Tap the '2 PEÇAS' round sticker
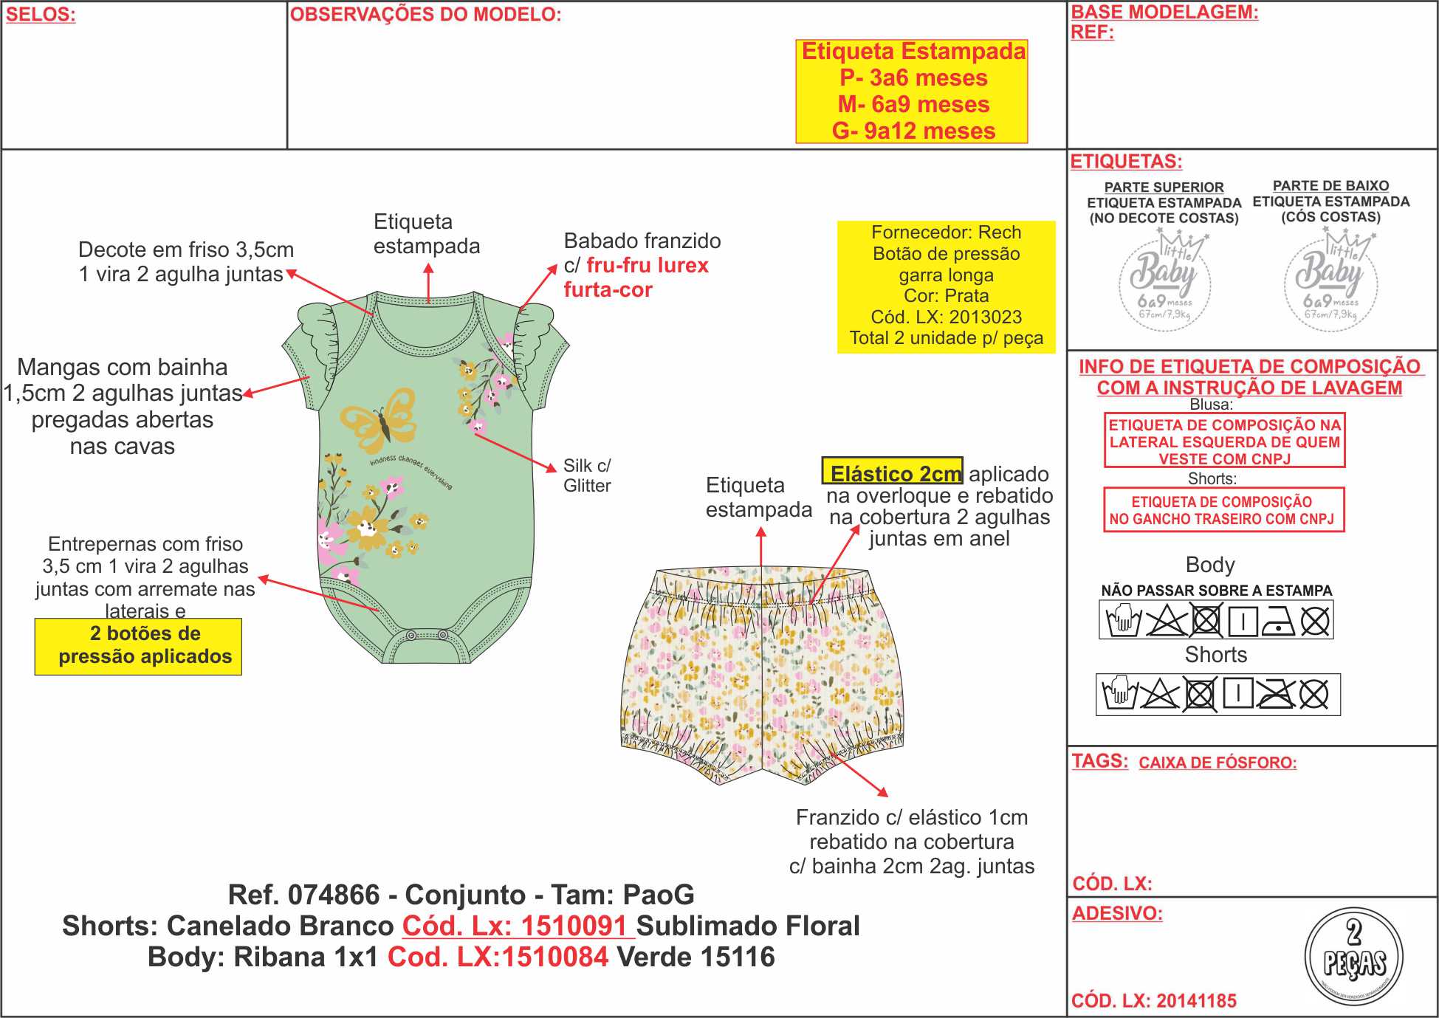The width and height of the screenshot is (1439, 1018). [x=1353, y=955]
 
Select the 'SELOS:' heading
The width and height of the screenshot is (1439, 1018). [x=41, y=15]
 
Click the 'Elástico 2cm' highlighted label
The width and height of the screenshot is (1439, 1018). [x=893, y=472]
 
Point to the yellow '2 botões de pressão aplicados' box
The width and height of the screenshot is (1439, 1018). [x=138, y=646]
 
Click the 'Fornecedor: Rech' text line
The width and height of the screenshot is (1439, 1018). [x=946, y=233]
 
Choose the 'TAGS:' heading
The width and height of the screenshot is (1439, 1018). [x=1099, y=761]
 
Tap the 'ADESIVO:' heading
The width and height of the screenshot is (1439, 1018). [x=1117, y=913]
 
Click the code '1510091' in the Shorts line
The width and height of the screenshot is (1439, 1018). [x=574, y=926]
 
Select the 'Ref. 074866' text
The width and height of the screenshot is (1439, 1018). [x=303, y=895]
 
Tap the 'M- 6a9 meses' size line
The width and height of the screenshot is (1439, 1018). [x=913, y=104]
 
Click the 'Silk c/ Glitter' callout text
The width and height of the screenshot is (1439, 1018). [x=587, y=475]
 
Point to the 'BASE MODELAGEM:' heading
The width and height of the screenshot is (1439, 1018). [x=1164, y=12]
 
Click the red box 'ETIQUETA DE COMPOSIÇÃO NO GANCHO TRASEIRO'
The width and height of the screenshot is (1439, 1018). [x=1223, y=509]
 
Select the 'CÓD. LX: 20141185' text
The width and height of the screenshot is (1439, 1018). [x=1153, y=1001]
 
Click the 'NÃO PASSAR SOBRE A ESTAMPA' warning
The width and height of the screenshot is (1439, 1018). [x=1216, y=591]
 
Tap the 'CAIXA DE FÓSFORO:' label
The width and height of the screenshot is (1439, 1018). [x=1218, y=763]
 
